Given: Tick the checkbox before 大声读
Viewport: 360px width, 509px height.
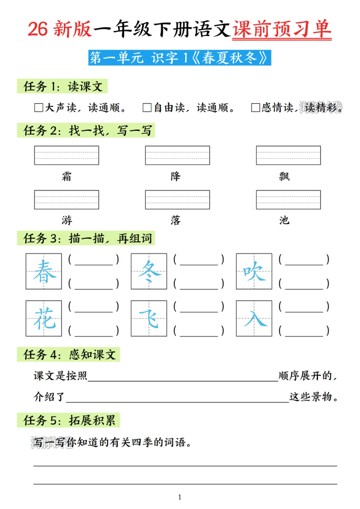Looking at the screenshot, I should [x=39, y=108].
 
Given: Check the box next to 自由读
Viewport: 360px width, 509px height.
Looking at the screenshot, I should [x=147, y=108].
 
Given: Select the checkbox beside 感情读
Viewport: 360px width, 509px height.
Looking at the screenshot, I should [x=256, y=108].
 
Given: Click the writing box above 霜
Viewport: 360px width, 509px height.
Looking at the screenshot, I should [x=67, y=155].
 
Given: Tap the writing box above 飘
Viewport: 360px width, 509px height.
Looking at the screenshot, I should [x=288, y=155].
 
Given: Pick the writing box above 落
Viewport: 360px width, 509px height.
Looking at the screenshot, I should [x=177, y=200].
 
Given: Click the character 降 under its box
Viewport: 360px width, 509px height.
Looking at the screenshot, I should [x=176, y=176].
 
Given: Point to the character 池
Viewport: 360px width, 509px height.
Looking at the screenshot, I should [x=284, y=220].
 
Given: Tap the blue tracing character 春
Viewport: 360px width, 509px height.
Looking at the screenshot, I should [x=44, y=271].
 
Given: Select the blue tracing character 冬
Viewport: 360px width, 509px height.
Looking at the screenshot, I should [x=149, y=271].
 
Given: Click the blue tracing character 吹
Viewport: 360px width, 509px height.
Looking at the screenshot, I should [x=254, y=271].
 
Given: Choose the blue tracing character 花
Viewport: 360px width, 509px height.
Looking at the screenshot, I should [x=44, y=318].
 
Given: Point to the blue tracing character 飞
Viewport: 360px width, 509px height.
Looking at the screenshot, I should [x=149, y=318].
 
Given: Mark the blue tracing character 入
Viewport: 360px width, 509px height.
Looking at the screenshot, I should [x=254, y=318].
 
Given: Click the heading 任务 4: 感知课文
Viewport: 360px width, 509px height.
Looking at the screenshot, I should [x=69, y=354].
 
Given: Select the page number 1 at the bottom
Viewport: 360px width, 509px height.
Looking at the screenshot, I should [x=180, y=497].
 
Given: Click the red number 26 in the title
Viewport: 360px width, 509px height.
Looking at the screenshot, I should [x=38, y=29].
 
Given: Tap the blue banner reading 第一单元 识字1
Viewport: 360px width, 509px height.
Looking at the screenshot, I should [x=180, y=58].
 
